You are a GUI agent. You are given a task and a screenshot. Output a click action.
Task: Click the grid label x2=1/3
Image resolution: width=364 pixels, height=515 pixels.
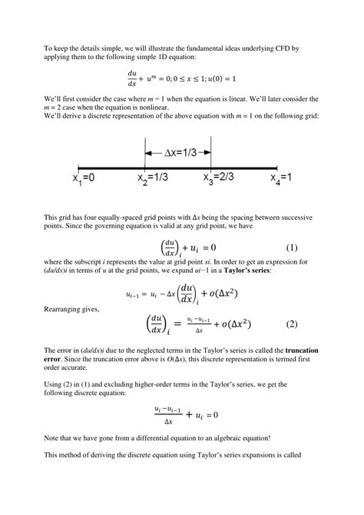tap(154, 178)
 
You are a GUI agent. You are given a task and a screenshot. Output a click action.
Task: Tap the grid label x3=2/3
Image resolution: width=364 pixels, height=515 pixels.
tap(220, 178)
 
